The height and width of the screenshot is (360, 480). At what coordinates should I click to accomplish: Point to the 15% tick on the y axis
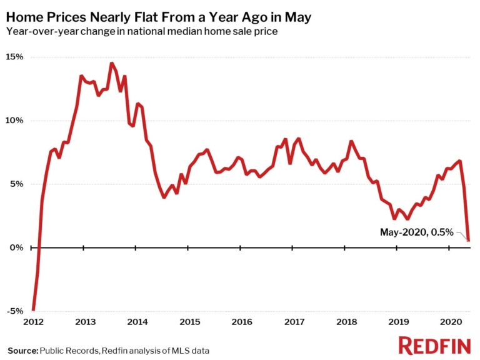coord(15,57)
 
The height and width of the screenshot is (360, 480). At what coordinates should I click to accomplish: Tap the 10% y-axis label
coord(15,121)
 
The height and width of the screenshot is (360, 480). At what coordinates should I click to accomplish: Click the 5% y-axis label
coord(16,184)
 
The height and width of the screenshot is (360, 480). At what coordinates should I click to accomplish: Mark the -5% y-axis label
coord(16,311)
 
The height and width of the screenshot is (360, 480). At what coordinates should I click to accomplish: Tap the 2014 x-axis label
coord(137,322)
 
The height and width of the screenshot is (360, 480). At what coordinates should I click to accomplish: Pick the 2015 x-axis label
coord(189,322)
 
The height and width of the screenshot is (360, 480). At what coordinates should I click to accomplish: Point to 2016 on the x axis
coord(241,322)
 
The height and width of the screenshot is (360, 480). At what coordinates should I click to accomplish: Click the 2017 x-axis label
coord(293,322)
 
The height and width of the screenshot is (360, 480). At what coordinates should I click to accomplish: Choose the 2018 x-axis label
coord(346,322)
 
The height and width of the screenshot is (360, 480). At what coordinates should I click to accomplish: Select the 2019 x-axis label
coord(397,322)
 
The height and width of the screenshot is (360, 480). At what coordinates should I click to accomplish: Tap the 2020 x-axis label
coord(450,322)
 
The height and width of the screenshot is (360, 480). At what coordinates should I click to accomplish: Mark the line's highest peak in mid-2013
coord(111,63)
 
